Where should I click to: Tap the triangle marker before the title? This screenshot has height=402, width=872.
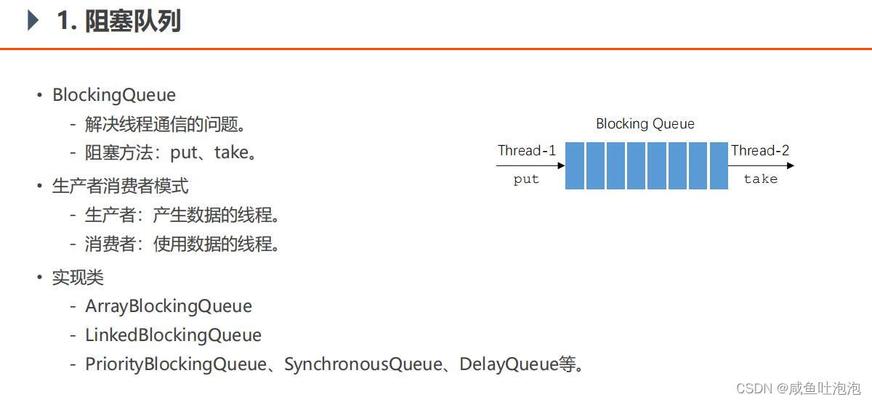click(x=33, y=20)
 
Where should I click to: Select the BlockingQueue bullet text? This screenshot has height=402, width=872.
click(x=114, y=95)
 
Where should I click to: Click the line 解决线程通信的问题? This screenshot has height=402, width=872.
click(x=166, y=124)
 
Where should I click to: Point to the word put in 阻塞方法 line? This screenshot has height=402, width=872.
click(x=184, y=153)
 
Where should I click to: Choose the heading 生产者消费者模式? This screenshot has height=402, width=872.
click(x=120, y=186)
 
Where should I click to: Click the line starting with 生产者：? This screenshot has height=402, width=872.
click(x=182, y=216)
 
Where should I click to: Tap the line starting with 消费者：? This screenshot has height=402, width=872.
click(x=182, y=245)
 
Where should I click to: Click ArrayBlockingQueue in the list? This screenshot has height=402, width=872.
click(x=169, y=306)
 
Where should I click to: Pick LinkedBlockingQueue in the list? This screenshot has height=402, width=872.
click(x=173, y=335)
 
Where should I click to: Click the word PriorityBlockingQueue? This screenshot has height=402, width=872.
click(x=176, y=364)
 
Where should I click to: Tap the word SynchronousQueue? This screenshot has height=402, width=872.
click(x=363, y=364)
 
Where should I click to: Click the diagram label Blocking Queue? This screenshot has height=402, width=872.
click(x=645, y=124)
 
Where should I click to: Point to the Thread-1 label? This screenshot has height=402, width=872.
click(x=526, y=151)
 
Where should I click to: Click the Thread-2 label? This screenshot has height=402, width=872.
click(x=760, y=151)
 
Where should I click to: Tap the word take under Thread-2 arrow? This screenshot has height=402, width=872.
click(x=760, y=179)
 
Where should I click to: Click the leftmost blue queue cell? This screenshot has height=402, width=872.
click(x=575, y=165)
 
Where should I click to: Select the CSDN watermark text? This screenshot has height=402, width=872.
click(x=798, y=388)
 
